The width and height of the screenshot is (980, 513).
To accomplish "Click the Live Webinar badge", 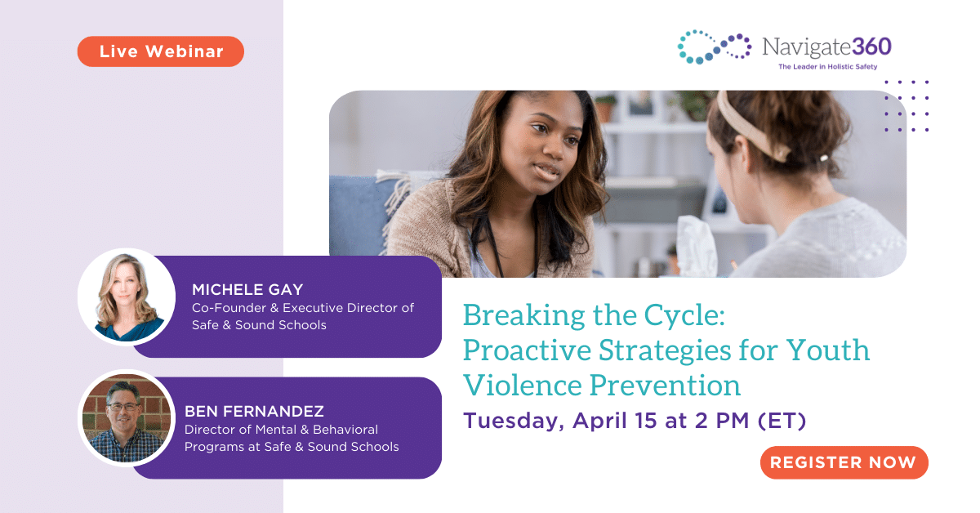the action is point(161,51).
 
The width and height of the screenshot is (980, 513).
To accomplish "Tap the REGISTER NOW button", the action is point(844,462).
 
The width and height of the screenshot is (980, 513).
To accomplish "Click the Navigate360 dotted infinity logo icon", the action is point(714,47).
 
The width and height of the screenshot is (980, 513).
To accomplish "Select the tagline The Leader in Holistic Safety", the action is point(828,66).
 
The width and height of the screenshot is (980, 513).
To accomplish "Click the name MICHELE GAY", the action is point(247,289).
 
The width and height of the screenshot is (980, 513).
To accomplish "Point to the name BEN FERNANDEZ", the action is point(254,411).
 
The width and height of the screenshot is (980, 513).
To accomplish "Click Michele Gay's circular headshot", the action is point(127,297).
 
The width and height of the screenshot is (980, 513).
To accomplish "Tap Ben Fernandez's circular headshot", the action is point(127,418).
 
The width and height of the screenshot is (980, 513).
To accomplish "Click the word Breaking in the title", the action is point(523,316).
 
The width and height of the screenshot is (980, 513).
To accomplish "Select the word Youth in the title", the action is point(828,350).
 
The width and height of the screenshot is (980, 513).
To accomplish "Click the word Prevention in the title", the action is point(665,386).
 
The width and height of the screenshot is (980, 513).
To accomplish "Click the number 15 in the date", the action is point(646,420).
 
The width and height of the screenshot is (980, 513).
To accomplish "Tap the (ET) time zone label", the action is point(782,421).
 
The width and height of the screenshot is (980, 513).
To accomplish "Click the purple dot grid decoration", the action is point(906,105).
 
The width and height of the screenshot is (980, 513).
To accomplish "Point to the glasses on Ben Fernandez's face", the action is point(123,407).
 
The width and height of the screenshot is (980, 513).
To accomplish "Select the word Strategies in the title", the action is point(665,351).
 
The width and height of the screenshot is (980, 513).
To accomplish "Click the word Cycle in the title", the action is point(684,316).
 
